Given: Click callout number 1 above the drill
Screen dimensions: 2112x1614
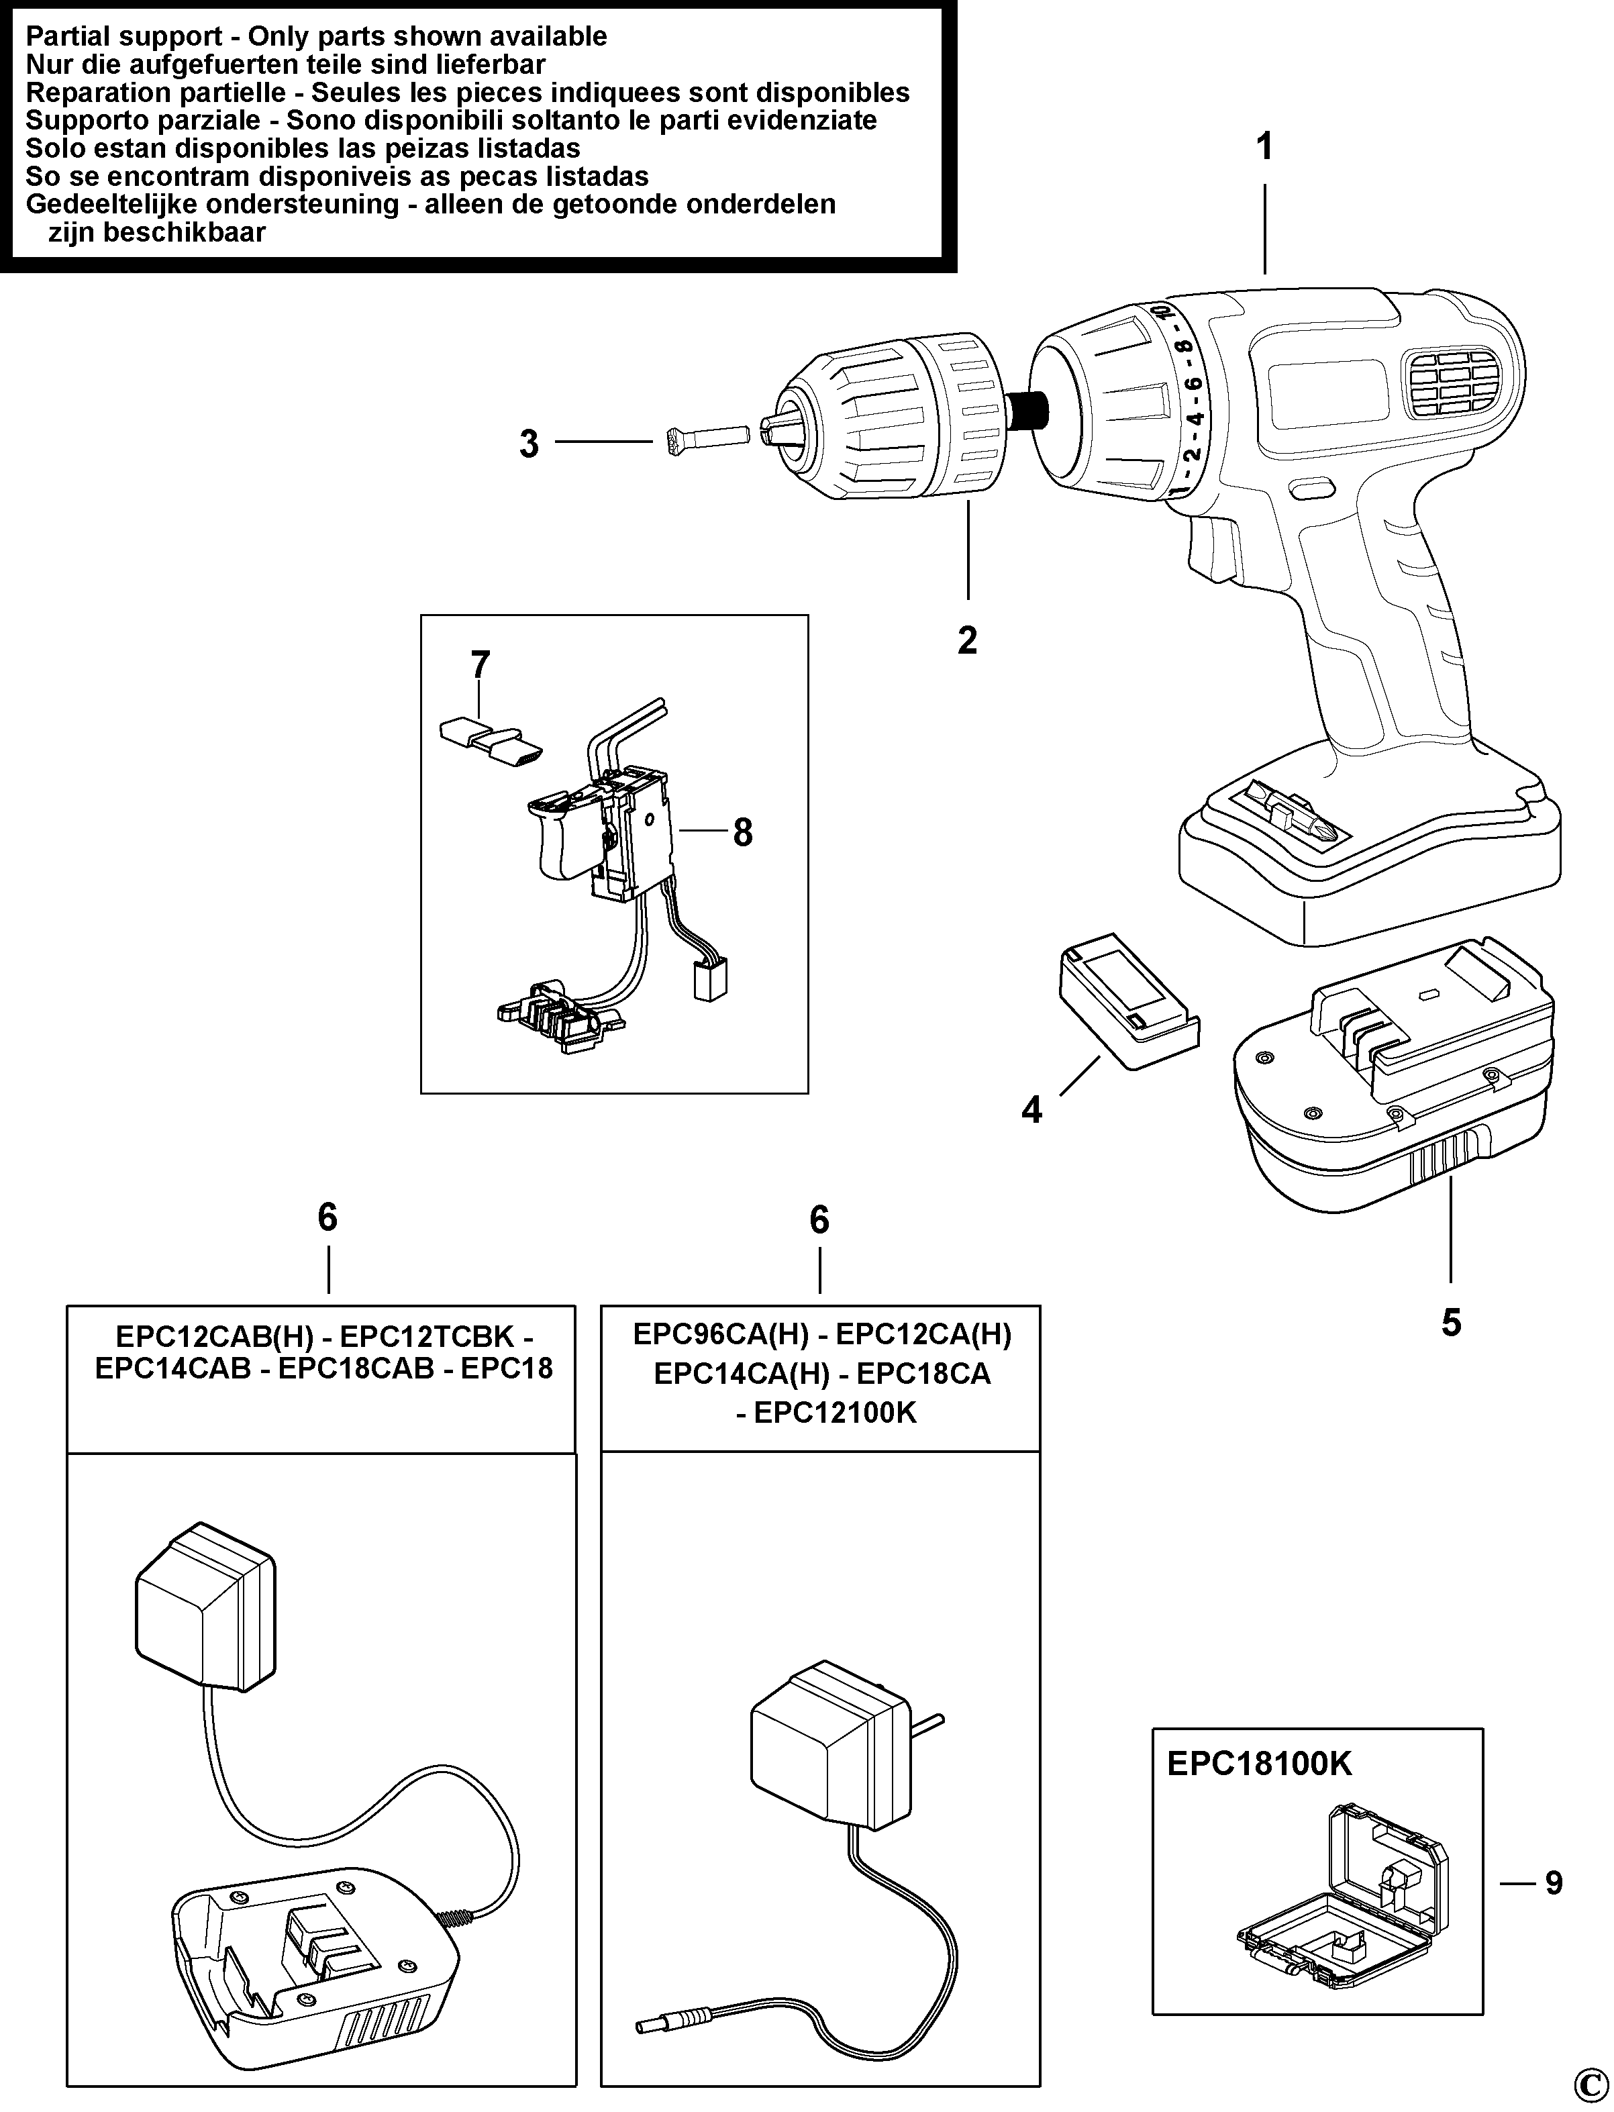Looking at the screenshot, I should point(1264,147).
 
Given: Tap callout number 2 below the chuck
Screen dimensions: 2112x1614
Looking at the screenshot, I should point(968,640).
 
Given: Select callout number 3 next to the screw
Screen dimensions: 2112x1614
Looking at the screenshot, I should point(528,444).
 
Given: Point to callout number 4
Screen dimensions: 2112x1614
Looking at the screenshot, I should point(1031,1111).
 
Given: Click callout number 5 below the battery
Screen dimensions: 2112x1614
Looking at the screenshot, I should point(1451,1323).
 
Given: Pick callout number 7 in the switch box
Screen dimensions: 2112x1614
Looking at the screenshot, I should point(481,664).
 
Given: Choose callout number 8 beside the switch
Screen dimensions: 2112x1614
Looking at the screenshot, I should point(743,832).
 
